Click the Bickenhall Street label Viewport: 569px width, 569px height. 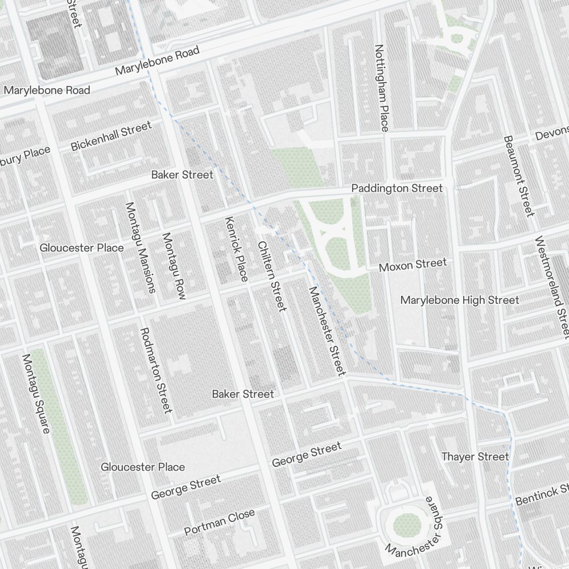click(x=111, y=137)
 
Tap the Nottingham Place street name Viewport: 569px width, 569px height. click(x=381, y=88)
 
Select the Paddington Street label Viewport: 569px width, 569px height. click(x=397, y=188)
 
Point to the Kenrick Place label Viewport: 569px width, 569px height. click(x=236, y=249)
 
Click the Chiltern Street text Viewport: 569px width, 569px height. click(x=271, y=276)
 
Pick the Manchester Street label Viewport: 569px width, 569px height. click(x=327, y=331)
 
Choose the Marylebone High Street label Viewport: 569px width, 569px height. click(x=460, y=300)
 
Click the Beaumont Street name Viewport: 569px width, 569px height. click(x=519, y=176)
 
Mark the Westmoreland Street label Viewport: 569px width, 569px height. click(x=552, y=286)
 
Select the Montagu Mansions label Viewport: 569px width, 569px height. click(x=139, y=247)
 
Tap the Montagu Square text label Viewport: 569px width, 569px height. click(x=36, y=393)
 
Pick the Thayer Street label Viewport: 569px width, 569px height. click(x=475, y=457)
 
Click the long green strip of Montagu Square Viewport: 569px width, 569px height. click(x=60, y=427)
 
